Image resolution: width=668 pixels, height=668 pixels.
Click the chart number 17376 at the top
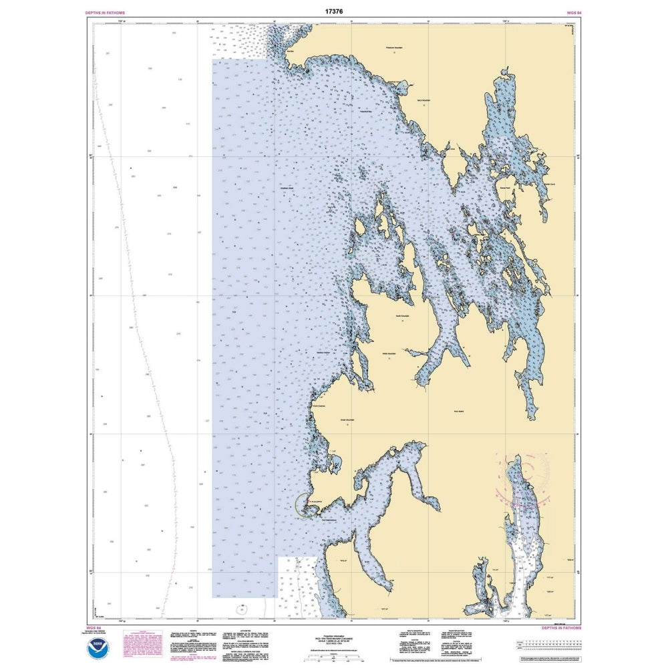333,11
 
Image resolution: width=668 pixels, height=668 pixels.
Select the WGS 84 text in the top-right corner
568,13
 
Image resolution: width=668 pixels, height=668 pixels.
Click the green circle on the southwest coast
305,504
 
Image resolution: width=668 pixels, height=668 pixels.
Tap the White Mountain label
389,353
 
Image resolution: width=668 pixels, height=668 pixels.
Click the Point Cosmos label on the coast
320,405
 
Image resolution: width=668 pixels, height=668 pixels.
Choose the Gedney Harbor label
323,353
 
